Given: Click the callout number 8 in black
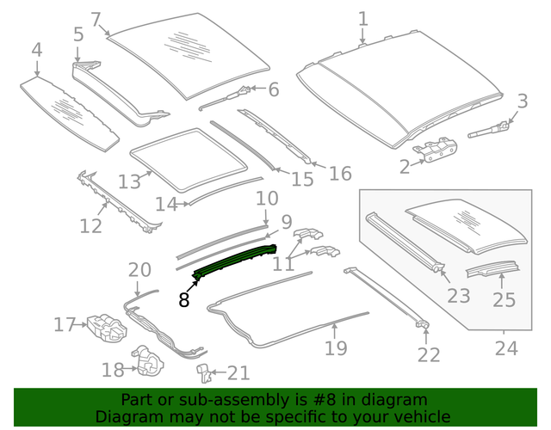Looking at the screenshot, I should [x=184, y=300].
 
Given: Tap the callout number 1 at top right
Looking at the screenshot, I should [x=362, y=18].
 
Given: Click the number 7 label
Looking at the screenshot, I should [x=96, y=19].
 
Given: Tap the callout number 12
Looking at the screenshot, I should [x=90, y=225].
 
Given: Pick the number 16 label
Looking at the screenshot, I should [x=340, y=174].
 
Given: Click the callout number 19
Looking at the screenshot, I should [x=336, y=347].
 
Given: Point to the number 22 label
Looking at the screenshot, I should [x=429, y=354].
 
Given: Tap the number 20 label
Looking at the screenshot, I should [x=139, y=270].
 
